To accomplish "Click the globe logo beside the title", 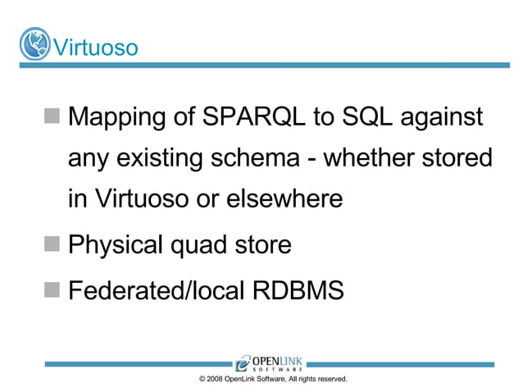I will coord(34,43).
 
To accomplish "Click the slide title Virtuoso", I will coord(94,48).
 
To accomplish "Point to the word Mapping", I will coord(118,116).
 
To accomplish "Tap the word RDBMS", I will coord(302,289).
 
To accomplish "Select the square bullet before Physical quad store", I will coord(53,244).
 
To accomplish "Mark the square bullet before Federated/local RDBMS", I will coord(53,289).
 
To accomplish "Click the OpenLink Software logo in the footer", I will coord(270,363).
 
